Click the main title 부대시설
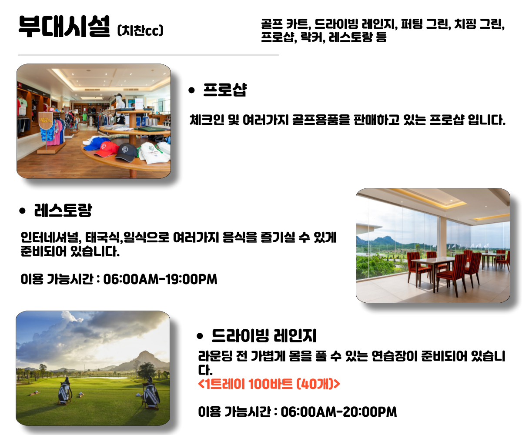64,26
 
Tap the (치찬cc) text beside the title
140,30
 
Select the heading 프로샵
225,90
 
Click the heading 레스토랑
63,210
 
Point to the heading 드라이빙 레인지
264,335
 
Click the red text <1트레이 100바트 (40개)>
269,384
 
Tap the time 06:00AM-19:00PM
160,279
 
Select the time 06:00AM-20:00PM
339,412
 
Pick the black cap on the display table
126,152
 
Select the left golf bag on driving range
64,391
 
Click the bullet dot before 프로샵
191,90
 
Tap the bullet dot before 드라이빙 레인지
200,336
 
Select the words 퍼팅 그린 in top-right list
426,24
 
